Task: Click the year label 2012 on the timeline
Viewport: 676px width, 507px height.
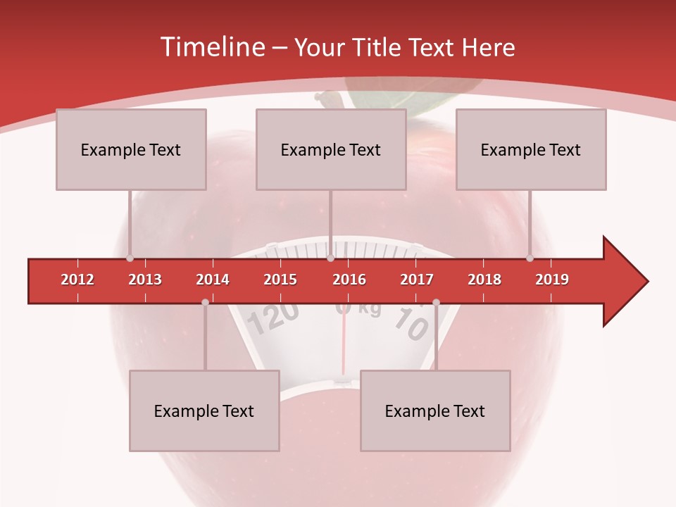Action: click(x=77, y=280)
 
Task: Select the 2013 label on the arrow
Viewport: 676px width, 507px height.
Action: click(x=145, y=280)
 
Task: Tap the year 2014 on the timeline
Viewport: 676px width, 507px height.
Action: click(x=213, y=280)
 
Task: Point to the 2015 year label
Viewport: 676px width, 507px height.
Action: click(x=280, y=280)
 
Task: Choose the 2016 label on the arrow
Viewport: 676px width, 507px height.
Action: click(x=349, y=280)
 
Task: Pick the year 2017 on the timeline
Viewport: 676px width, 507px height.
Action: click(x=417, y=280)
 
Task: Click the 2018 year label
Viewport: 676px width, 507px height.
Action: click(x=484, y=280)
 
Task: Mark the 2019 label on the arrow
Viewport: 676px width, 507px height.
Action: click(x=552, y=280)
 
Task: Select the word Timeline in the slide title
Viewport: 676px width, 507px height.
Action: click(x=211, y=47)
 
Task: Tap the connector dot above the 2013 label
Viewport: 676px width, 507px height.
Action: click(x=130, y=258)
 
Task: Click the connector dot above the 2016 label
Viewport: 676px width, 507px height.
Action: click(x=330, y=258)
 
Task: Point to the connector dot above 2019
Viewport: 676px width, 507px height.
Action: click(x=530, y=258)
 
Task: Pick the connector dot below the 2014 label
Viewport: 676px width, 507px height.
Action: click(x=205, y=302)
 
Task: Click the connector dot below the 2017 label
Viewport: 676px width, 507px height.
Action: click(x=436, y=302)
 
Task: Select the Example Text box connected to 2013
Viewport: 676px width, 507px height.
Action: click(x=131, y=149)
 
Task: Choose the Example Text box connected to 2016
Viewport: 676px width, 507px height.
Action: click(x=331, y=149)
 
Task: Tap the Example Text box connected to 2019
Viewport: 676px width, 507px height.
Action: click(x=531, y=149)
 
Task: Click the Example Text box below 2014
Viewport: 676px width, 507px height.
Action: click(x=204, y=411)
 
